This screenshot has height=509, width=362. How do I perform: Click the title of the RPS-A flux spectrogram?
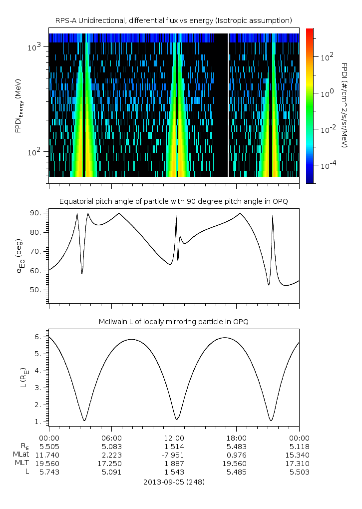tap(173, 20)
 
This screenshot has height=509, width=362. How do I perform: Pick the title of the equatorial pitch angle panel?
tap(173, 201)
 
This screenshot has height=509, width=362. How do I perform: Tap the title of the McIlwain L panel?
tap(173, 322)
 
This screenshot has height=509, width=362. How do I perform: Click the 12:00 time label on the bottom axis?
tap(174, 437)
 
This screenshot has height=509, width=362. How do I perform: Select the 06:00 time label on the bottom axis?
tap(111, 437)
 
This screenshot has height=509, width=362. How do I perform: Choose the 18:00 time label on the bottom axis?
tap(236, 437)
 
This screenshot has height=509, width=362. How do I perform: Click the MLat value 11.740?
tap(49, 455)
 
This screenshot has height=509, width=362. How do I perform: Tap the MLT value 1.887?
tap(174, 463)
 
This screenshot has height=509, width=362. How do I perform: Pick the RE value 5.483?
tap(236, 446)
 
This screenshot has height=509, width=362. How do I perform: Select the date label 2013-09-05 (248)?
tap(174, 482)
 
